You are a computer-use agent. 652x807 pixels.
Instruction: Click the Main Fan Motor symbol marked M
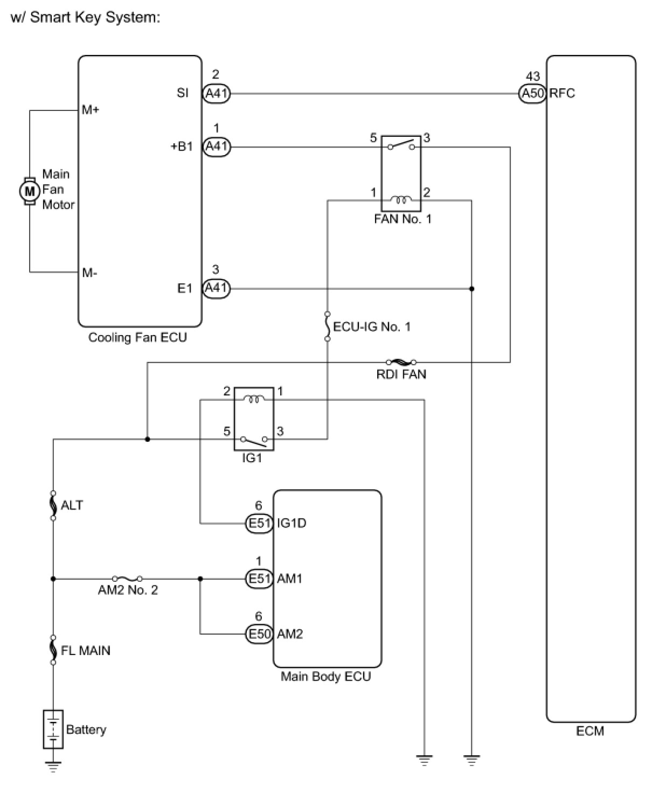click(30, 190)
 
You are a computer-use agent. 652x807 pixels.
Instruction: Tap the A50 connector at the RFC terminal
click(532, 94)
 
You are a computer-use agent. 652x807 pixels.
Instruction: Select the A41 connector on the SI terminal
click(216, 94)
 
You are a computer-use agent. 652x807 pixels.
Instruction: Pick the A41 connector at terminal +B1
click(216, 147)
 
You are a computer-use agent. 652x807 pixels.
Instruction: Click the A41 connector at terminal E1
click(216, 288)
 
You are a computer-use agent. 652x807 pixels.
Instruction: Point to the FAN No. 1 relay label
click(403, 219)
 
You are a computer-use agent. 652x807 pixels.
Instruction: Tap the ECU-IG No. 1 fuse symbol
click(327, 326)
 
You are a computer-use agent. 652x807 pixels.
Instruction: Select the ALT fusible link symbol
click(53, 505)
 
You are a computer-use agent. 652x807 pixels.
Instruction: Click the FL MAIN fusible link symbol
click(53, 649)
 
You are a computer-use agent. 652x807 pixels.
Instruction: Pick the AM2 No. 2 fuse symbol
click(128, 579)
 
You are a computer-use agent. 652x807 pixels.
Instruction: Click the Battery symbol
click(53, 729)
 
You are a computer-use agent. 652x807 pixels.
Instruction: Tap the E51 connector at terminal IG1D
click(259, 523)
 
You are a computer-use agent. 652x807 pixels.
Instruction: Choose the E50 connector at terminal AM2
click(259, 634)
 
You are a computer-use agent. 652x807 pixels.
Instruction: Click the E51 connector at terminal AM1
click(259, 579)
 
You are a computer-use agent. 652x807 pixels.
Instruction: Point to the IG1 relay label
click(252, 458)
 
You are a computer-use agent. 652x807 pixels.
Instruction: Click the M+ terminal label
click(91, 110)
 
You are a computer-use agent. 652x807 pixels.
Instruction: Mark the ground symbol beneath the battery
click(53, 766)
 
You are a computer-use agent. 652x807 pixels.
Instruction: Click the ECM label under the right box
click(590, 731)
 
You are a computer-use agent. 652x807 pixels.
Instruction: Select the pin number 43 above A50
click(532, 76)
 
